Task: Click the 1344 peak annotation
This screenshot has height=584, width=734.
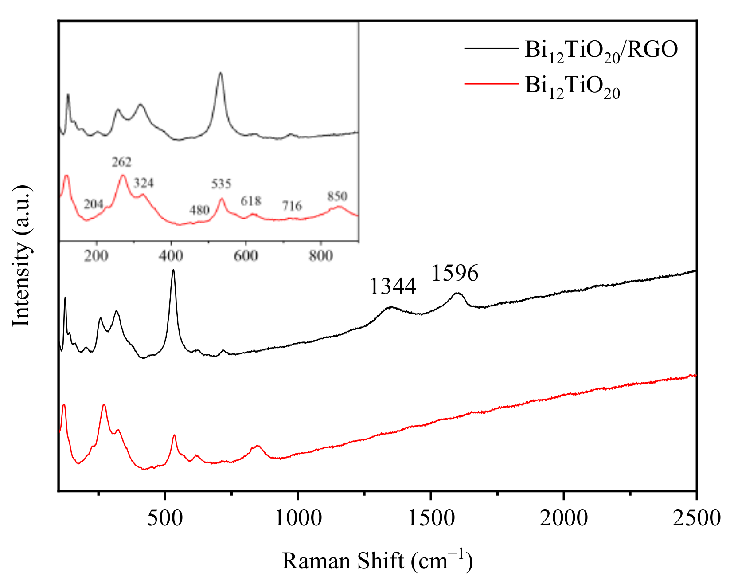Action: point(393,286)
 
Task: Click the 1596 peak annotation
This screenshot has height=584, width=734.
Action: point(455,273)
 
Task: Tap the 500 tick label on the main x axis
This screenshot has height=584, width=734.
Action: point(165,517)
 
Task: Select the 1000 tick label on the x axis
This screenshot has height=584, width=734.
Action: point(298,517)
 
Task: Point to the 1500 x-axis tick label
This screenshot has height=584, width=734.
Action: point(431,517)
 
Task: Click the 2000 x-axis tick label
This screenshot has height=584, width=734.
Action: point(564,517)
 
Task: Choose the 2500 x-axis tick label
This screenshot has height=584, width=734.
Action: point(696,517)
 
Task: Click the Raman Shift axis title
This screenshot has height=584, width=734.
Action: point(377,560)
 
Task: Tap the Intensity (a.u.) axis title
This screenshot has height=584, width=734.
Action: point(21,256)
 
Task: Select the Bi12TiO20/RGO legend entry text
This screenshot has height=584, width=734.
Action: point(601,50)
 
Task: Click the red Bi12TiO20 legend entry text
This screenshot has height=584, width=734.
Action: point(572,86)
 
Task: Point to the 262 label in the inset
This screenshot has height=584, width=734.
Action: point(121,162)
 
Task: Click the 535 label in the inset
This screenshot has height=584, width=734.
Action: point(221,184)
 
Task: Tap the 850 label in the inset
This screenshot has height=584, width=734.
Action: point(337,196)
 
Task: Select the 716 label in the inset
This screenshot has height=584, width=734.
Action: point(292,206)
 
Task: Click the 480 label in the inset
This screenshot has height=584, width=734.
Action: point(199,210)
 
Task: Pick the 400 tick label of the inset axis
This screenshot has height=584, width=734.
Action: point(171,256)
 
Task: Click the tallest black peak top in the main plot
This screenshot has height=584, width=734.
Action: point(173,270)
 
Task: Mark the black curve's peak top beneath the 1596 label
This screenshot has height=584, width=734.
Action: point(457,293)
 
